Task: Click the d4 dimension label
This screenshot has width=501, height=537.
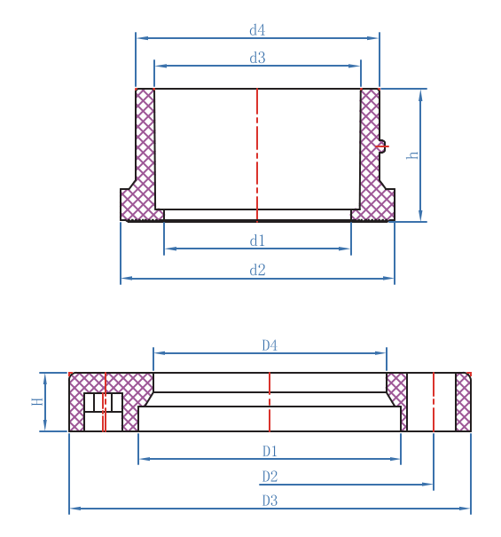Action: point(257,30)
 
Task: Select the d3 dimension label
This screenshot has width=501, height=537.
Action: point(257,58)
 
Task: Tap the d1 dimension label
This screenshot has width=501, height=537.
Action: point(257,241)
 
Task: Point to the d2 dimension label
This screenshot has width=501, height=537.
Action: point(257,271)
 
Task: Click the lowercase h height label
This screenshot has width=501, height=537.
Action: point(412,154)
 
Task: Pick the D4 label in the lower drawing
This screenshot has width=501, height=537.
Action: point(270,345)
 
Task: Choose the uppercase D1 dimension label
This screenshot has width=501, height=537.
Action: point(270,452)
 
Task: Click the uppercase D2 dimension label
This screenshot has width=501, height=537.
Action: point(270,477)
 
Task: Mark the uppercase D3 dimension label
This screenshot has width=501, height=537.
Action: point(270,501)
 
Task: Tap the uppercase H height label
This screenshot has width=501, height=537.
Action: point(37,401)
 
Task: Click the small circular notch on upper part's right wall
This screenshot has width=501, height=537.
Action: point(382,146)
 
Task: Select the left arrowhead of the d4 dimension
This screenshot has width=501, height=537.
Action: point(141,38)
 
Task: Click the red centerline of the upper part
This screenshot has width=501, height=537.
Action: point(257,151)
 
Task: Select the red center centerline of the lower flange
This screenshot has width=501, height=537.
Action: point(270,401)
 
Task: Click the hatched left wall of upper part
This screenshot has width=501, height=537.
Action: point(145,142)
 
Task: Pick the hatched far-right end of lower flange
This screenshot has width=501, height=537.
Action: point(463,401)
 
